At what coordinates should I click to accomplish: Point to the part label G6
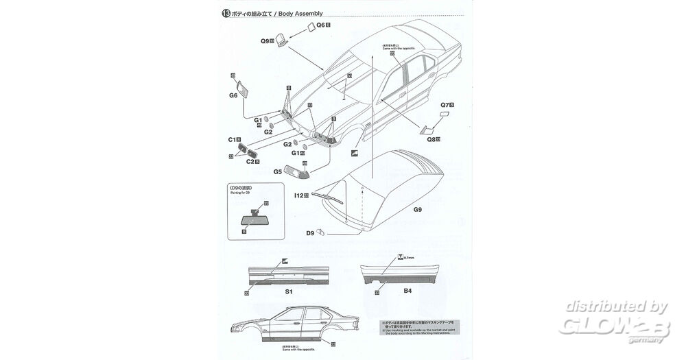pos(233,95)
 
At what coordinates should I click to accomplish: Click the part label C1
pos(233,139)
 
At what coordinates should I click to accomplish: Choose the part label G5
pos(277,173)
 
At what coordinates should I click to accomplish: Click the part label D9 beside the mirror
pos(310,234)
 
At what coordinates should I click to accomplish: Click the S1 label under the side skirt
pos(289,291)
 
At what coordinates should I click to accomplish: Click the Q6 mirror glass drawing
pos(311,26)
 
